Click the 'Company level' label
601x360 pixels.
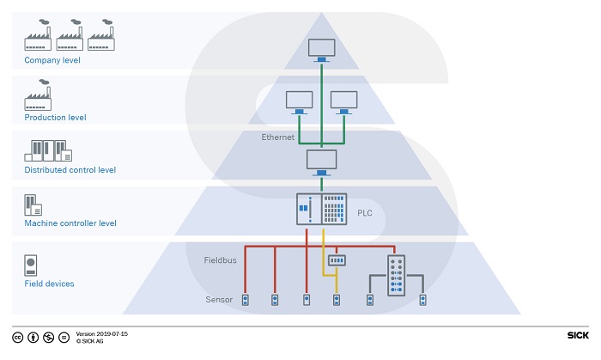[x=52, y=60]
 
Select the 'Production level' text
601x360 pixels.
[x=55, y=118]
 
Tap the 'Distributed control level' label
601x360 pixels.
[x=70, y=170]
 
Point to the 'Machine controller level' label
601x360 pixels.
[x=70, y=223]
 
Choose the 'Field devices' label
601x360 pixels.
[x=49, y=284]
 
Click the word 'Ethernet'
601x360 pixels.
[x=278, y=137]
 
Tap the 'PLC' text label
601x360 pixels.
[x=365, y=213]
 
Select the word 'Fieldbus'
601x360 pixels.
[x=220, y=260]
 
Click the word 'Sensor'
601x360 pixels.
[x=219, y=299]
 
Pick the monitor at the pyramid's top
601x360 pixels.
[x=322, y=50]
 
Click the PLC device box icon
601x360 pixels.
[x=322, y=209]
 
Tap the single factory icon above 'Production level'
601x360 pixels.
[x=38, y=95]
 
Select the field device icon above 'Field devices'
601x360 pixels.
[x=31, y=265]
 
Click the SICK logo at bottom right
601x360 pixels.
[x=578, y=335]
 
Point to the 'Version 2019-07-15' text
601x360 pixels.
[x=101, y=334]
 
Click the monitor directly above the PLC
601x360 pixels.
[x=322, y=162]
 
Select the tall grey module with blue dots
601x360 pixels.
[x=397, y=275]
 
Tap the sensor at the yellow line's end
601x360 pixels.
[x=337, y=300]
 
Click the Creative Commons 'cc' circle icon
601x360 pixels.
[x=18, y=338]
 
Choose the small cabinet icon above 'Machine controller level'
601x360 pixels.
[x=33, y=205]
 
